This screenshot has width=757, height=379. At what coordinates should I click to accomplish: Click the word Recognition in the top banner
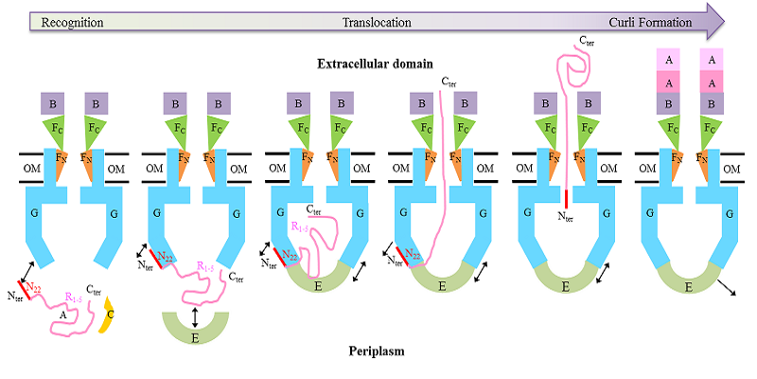tap(71, 22)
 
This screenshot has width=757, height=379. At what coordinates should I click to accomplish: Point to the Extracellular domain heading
tap(375, 64)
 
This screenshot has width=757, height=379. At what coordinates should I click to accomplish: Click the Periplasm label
tap(375, 351)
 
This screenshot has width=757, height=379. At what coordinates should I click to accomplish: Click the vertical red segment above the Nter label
tap(565, 199)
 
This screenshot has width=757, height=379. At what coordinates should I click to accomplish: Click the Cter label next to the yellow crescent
tap(94, 289)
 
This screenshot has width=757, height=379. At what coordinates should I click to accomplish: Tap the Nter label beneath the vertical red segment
tap(565, 215)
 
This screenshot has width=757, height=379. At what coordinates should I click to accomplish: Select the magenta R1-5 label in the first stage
tap(69, 298)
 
